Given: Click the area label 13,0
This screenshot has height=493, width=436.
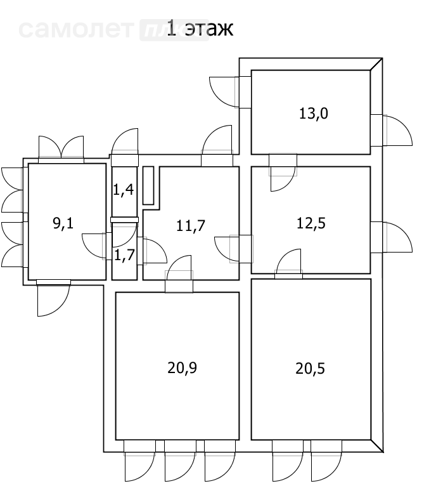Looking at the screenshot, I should (312, 114).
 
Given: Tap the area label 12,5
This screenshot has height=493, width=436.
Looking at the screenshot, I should (311, 223).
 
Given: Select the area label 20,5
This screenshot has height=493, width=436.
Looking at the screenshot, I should (311, 368).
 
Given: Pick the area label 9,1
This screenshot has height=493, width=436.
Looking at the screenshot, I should (63, 223).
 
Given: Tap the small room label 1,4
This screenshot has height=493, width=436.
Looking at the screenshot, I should (124, 188).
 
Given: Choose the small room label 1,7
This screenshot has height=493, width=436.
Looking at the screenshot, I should (124, 255).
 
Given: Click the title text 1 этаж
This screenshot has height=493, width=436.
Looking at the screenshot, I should (200, 29).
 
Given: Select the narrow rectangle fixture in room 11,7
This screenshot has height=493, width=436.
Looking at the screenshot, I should (148, 185).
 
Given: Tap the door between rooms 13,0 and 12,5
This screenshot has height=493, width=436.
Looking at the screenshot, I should (282, 170).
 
